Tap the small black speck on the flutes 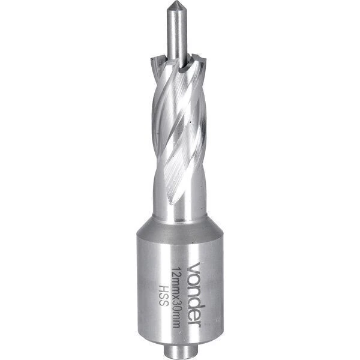[190, 122]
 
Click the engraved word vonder [194, 295]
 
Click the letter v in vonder [194, 267]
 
